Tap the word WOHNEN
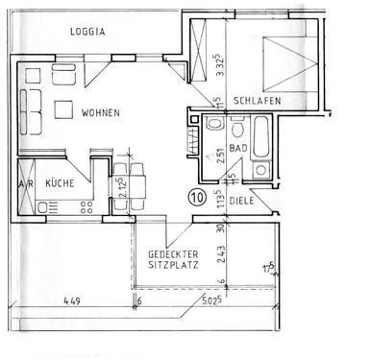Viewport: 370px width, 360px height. [x=100, y=113]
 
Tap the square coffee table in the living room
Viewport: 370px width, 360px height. [x=66, y=109]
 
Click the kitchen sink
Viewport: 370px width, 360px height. [x=49, y=204]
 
